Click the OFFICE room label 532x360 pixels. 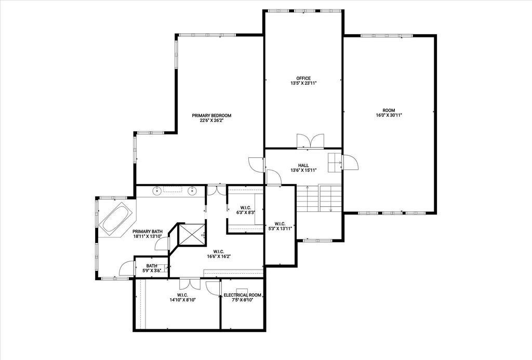coord(303,78)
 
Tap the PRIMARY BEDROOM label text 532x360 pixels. coord(211,115)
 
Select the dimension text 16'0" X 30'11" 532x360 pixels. coord(389,115)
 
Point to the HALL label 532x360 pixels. coord(303,166)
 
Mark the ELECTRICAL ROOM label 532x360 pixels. coord(242,295)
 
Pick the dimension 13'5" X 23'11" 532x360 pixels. coord(303,83)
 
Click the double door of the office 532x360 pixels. coord(311,141)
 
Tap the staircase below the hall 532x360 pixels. coord(319,198)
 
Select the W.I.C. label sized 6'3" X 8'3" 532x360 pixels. coord(245,208)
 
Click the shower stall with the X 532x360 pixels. coord(192,234)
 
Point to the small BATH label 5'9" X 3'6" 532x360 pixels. coord(152,266)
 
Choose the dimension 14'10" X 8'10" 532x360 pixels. coord(183,300)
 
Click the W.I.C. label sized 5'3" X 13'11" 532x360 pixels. coord(280,223)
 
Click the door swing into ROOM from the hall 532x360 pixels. coord(350,162)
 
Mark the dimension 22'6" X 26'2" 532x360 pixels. coord(211,120)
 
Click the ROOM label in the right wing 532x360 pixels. coord(389,110)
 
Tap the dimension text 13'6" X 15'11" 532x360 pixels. coord(303,170)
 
